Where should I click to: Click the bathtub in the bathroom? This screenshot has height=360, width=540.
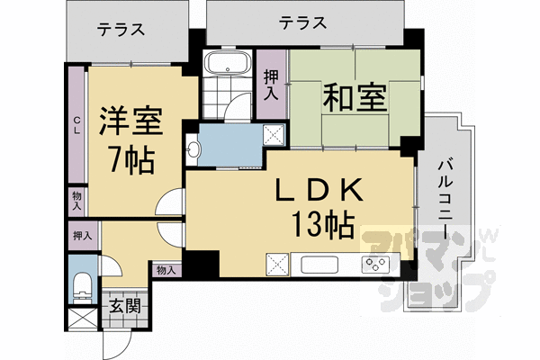(x=228, y=63)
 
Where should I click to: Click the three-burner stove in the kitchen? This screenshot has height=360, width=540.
(x=375, y=265)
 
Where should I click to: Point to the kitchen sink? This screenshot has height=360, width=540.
(x=319, y=265)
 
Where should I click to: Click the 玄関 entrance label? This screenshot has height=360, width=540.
(x=125, y=306)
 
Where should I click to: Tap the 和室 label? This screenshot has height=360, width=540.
(x=355, y=97)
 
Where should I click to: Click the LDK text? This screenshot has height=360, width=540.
(x=319, y=190)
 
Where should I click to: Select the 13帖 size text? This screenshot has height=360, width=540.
(x=323, y=224)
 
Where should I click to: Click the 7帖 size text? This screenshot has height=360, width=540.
(x=131, y=160)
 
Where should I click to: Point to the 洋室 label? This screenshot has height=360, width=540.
(x=130, y=121)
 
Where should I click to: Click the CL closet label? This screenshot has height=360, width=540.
(x=76, y=125)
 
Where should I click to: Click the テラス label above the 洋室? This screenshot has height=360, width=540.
(x=121, y=30)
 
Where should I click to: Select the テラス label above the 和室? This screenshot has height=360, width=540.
(x=302, y=22)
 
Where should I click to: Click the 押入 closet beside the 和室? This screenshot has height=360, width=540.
(x=272, y=85)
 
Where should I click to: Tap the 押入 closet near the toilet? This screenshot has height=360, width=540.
(x=83, y=236)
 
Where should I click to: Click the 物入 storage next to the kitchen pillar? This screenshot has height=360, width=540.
(x=166, y=270)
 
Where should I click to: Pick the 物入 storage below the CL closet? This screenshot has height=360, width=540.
(x=76, y=202)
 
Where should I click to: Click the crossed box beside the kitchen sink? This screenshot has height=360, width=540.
(x=277, y=265)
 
